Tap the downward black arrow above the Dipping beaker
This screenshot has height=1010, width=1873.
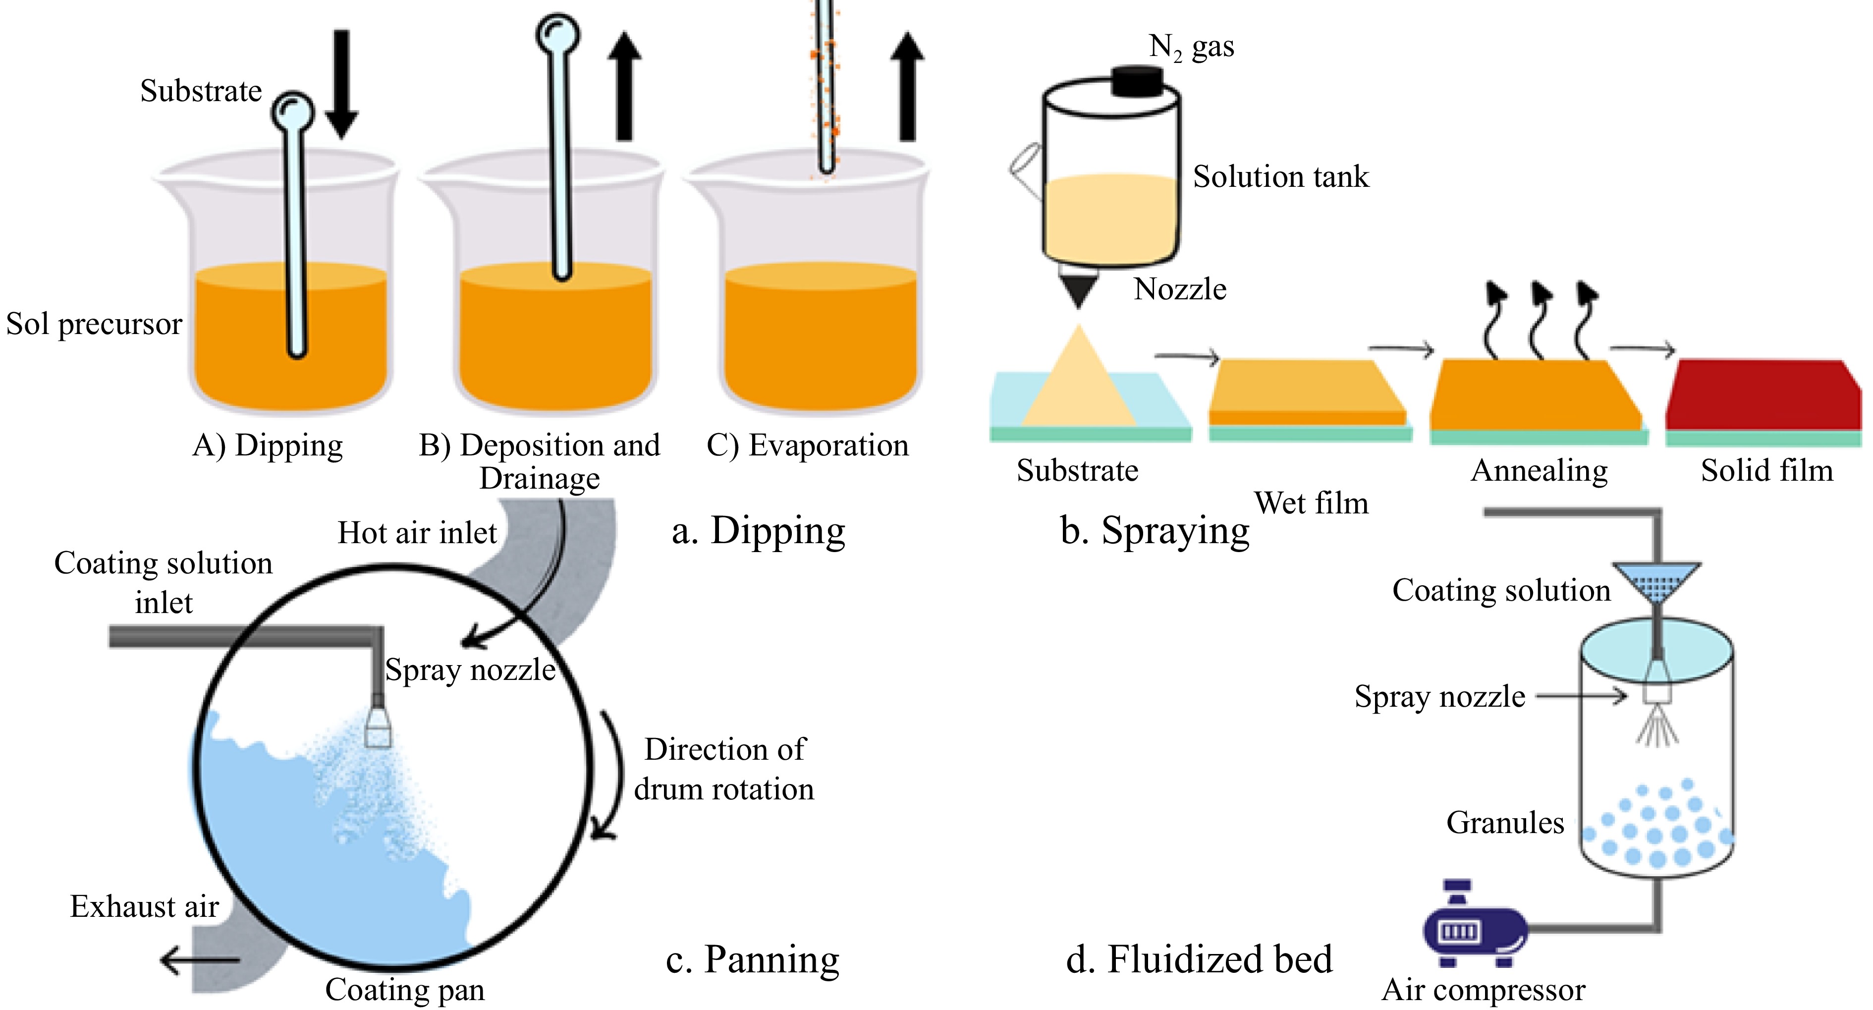point(341,84)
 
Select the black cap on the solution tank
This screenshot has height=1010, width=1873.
point(1139,81)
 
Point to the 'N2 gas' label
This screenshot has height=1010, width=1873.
point(1191,47)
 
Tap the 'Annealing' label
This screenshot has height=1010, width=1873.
point(1539,470)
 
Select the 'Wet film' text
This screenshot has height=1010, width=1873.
point(1311,503)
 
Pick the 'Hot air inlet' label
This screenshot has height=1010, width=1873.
point(417,533)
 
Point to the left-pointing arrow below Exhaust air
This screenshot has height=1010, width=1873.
point(199,960)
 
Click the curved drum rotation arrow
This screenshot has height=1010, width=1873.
point(612,775)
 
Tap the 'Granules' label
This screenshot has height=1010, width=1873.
point(1504,822)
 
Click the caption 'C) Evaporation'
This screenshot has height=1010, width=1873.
point(807,445)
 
